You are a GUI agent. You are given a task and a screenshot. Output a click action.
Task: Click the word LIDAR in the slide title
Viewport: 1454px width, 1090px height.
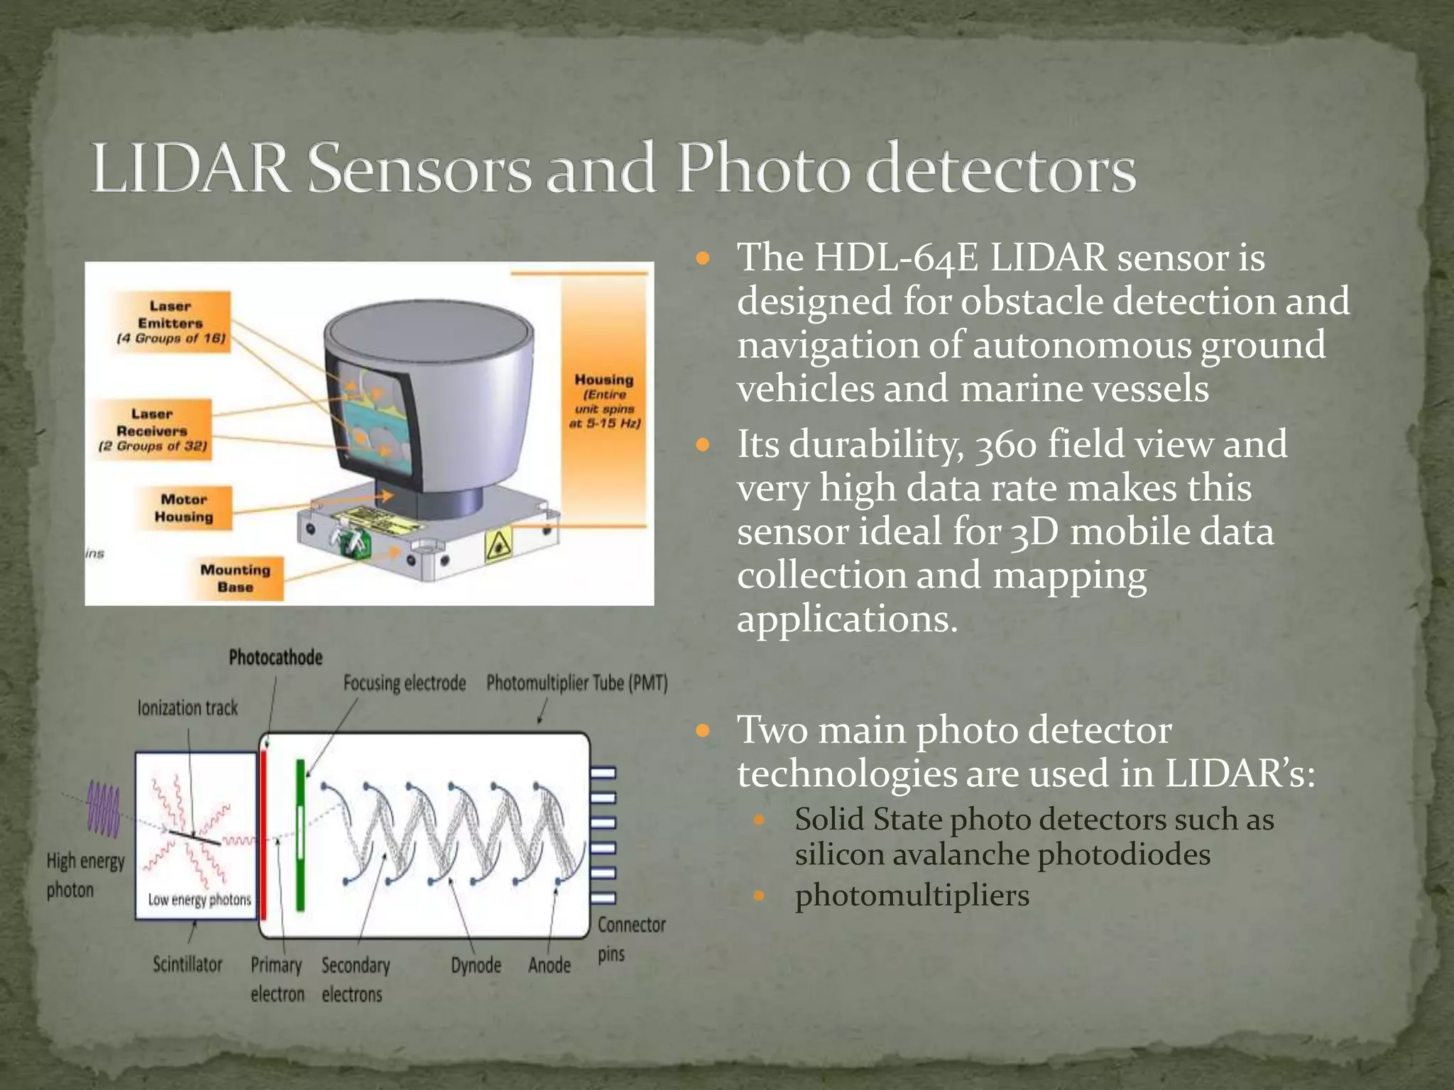(x=190, y=169)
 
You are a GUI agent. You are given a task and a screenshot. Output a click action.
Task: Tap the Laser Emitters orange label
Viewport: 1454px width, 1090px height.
(x=171, y=321)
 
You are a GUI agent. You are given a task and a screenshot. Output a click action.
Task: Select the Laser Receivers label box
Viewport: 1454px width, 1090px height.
(x=153, y=429)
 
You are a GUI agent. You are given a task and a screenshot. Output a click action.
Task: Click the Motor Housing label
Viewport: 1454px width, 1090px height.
(x=184, y=508)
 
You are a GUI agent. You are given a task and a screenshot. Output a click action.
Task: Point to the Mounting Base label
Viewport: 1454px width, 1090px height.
(x=235, y=578)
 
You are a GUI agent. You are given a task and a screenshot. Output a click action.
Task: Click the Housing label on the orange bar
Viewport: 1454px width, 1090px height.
(x=604, y=401)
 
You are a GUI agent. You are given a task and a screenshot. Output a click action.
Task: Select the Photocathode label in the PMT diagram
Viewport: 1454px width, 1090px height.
(x=275, y=658)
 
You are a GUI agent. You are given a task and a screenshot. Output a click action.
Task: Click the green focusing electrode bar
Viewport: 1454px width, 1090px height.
(x=300, y=835)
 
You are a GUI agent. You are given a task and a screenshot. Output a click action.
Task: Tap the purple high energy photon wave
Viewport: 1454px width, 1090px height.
(x=104, y=810)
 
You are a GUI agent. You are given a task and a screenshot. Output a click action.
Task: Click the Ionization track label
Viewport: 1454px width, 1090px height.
(x=188, y=708)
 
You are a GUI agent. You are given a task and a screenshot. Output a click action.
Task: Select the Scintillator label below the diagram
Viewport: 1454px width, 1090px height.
(x=187, y=964)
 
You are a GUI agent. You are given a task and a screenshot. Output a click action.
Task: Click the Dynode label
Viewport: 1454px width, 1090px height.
(x=476, y=965)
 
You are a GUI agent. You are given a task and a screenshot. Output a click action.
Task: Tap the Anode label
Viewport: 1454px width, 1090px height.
(x=550, y=965)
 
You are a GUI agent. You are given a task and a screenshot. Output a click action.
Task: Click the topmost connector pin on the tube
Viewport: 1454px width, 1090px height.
(x=603, y=773)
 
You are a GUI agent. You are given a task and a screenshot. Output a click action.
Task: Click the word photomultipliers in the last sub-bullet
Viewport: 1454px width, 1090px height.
(x=912, y=895)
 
